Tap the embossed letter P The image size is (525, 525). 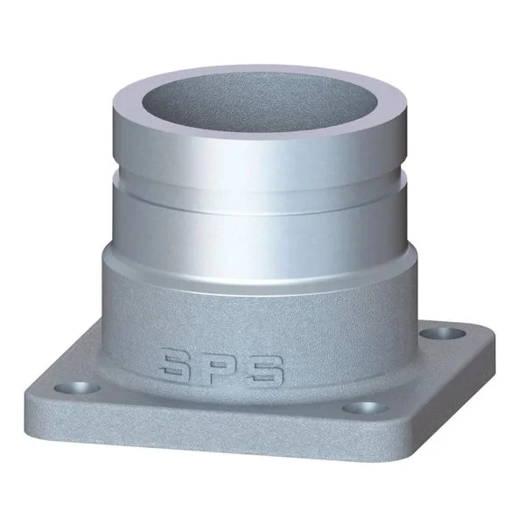pyautogui.click(x=220, y=368)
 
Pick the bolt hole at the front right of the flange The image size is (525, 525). pyautogui.click(x=359, y=408)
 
